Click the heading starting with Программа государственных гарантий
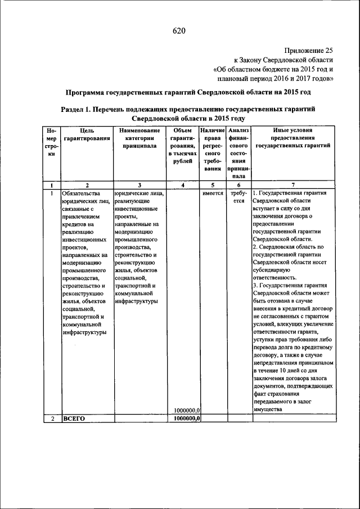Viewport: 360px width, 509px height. click(188, 92)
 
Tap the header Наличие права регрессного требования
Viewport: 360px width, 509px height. click(213, 149)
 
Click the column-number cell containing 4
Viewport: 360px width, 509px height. click(183, 185)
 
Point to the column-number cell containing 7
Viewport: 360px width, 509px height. click(292, 185)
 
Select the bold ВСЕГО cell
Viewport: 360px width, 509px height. click(74, 418)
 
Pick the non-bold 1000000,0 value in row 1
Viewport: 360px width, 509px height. click(188, 410)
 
